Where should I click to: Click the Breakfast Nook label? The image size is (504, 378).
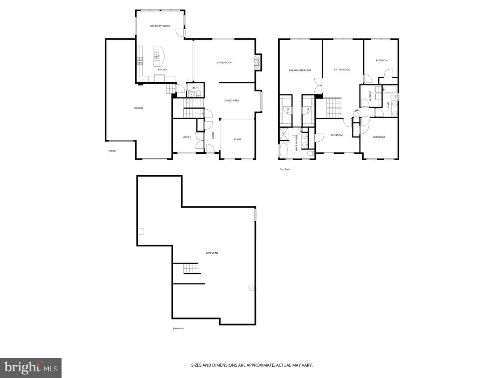click(160, 26)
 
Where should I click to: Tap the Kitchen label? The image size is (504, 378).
click(162, 70)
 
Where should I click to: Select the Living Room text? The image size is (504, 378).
click(225, 62)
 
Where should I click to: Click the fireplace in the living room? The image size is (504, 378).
click(258, 62)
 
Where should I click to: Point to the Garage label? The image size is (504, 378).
click(139, 108)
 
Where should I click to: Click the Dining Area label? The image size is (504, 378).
click(231, 100)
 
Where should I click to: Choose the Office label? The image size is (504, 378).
click(187, 137)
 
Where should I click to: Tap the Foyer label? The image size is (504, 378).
click(213, 135)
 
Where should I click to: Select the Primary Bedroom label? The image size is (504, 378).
click(300, 70)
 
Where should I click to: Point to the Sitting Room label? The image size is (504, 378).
click(342, 70)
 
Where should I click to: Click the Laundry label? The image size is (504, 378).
click(370, 96)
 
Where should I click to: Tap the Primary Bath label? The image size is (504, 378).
click(296, 142)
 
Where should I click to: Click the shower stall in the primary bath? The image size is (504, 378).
click(284, 134)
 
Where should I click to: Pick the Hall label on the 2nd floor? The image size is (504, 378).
click(358, 110)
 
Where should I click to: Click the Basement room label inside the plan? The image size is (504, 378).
click(212, 253)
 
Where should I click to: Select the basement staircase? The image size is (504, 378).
click(191, 268)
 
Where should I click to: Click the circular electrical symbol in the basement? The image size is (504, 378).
click(252, 288)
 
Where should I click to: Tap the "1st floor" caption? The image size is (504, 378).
click(112, 151)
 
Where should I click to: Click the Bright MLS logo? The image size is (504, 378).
click(31, 368)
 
